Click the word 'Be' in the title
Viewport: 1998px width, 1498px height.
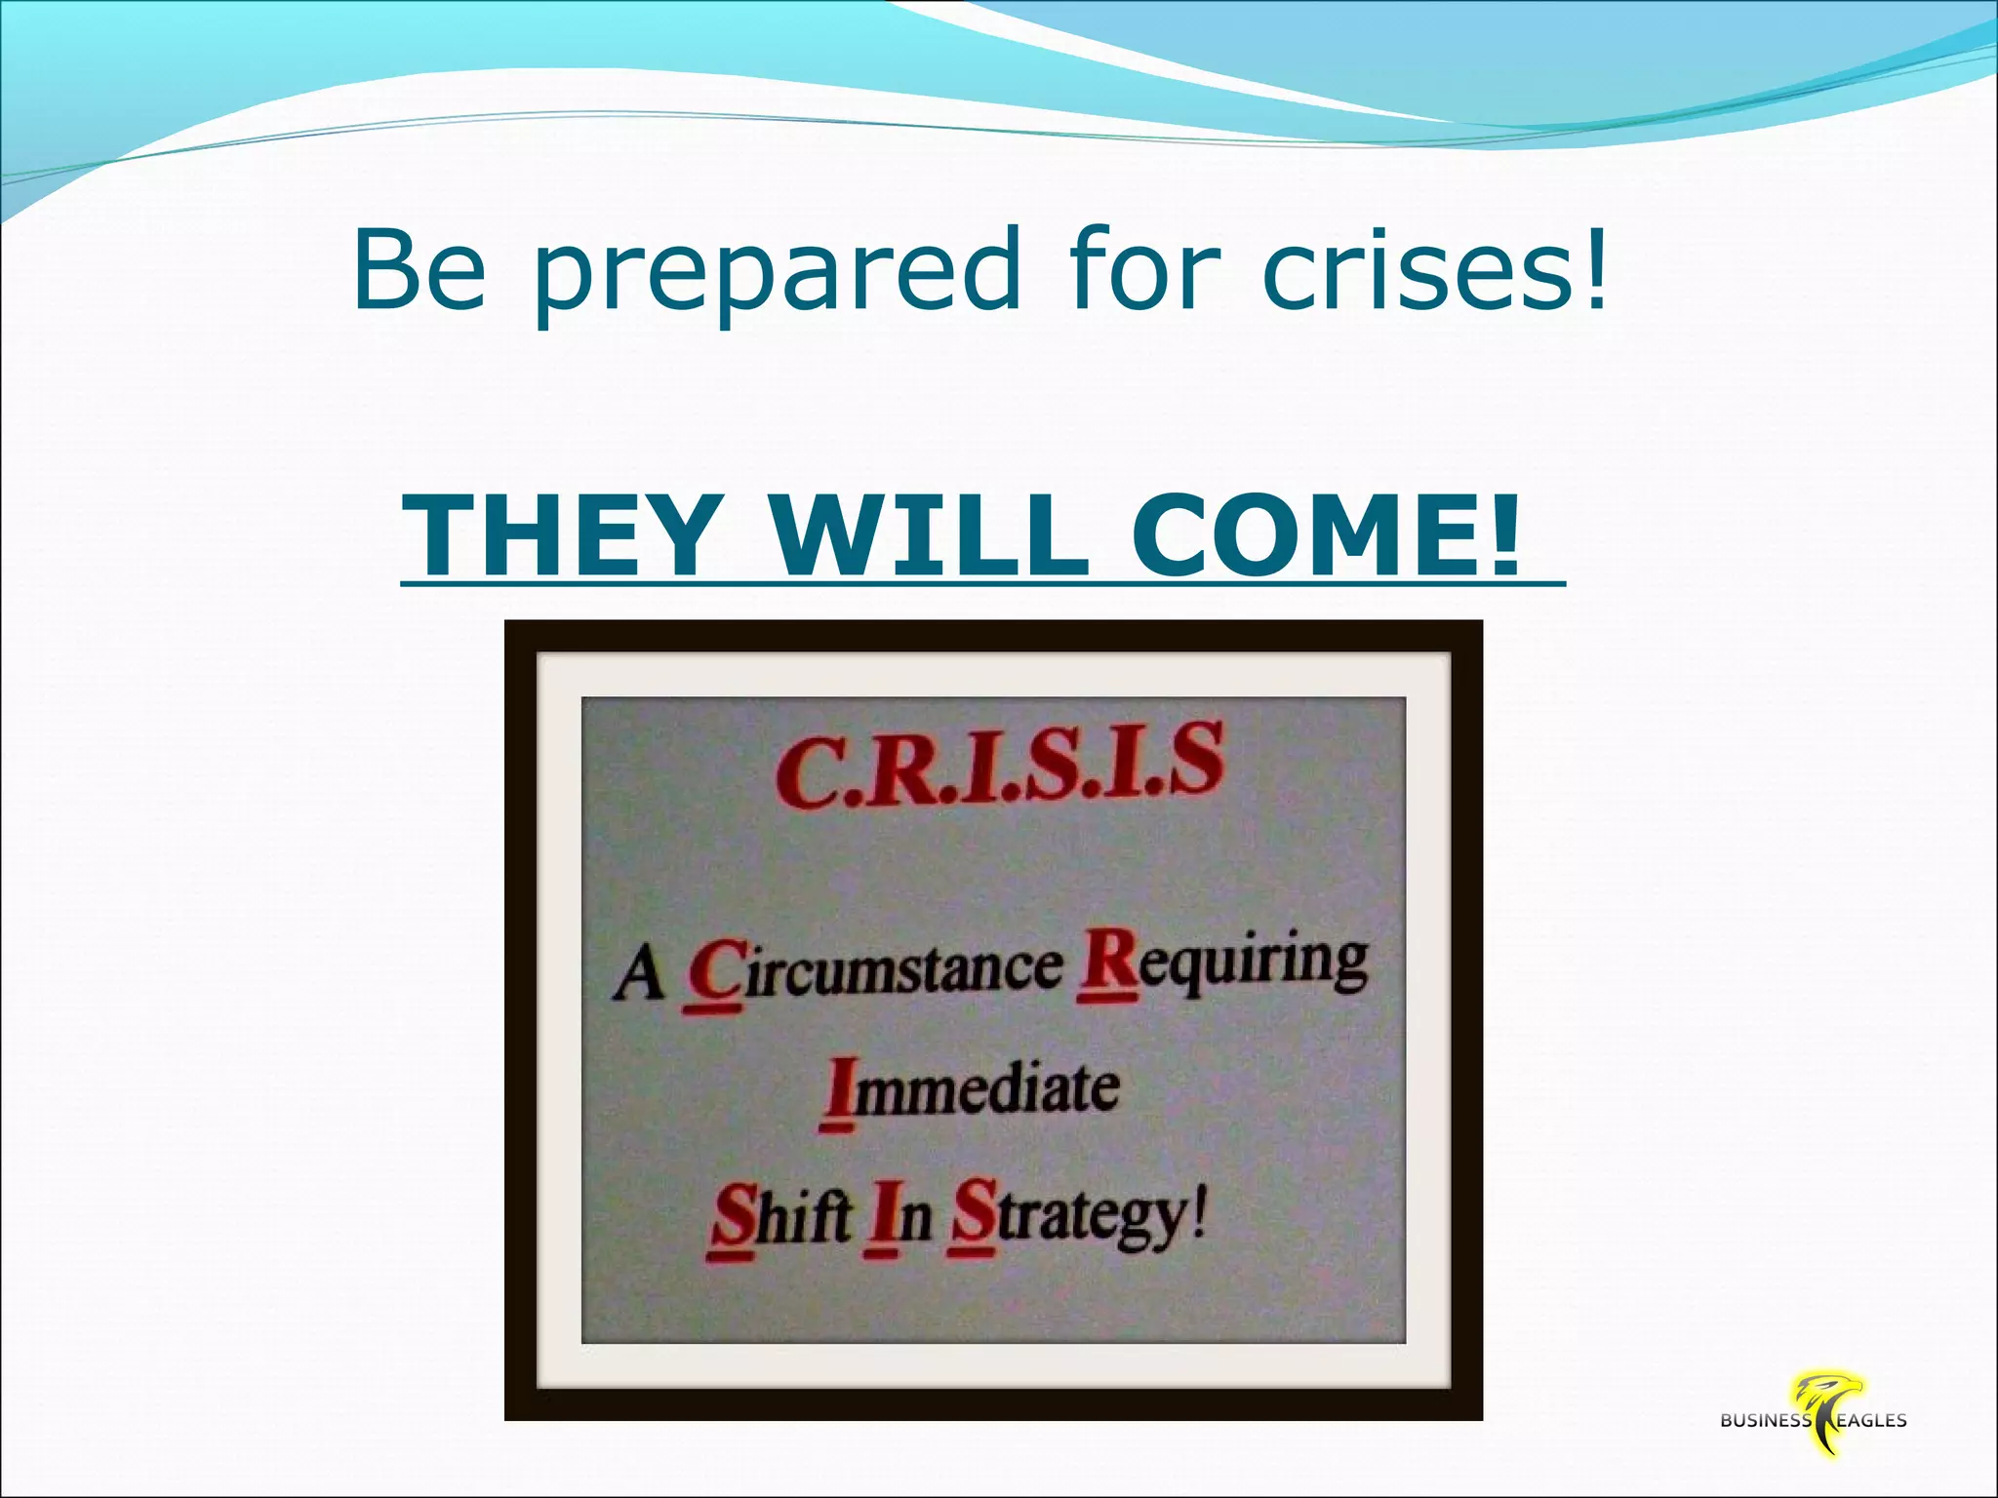pyautogui.click(x=420, y=268)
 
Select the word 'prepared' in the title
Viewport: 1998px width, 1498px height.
pyautogui.click(x=777, y=273)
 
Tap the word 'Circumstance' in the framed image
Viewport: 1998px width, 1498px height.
pyautogui.click(x=874, y=971)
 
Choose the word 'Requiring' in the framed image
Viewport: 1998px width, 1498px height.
pyautogui.click(x=1223, y=966)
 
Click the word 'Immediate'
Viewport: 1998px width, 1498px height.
pyautogui.click(x=971, y=1089)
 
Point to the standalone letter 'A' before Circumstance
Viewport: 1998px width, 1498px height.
pyautogui.click(x=639, y=974)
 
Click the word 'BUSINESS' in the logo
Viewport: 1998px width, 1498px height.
pyautogui.click(x=1765, y=1421)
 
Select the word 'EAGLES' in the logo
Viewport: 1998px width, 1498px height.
pyautogui.click(x=1870, y=1421)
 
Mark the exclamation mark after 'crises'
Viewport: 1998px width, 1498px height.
pyautogui.click(x=1595, y=265)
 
